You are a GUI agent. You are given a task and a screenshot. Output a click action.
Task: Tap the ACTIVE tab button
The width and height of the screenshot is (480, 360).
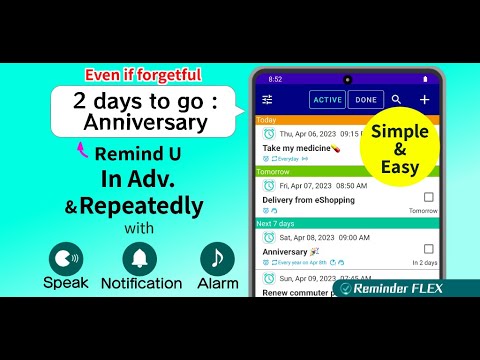(327, 100)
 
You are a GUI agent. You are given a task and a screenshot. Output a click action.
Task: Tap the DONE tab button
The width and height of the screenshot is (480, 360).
(366, 100)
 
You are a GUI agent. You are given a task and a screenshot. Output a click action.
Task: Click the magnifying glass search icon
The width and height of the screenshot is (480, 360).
(397, 100)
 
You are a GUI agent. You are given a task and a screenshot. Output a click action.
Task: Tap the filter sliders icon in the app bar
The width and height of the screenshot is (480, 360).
(267, 100)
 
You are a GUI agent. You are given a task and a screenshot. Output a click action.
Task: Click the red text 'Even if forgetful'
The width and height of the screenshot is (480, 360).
(142, 74)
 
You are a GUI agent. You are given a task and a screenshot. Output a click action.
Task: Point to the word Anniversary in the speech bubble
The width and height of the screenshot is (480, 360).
(146, 123)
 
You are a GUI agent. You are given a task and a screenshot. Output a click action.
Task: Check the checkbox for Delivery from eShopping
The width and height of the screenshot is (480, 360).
(429, 197)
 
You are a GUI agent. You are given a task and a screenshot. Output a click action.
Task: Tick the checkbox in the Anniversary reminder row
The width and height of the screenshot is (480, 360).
(429, 250)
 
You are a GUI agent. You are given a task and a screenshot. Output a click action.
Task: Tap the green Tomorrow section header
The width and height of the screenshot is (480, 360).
(346, 171)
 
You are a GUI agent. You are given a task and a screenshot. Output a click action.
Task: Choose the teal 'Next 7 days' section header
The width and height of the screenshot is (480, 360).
(346, 223)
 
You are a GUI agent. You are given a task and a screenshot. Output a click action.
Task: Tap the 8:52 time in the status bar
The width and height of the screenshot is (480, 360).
(275, 79)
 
